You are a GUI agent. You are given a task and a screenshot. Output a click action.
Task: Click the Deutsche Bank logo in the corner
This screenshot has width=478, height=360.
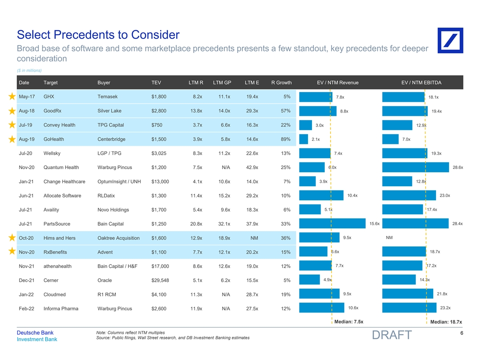click(450, 41)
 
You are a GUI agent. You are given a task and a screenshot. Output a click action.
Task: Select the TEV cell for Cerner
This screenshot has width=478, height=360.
click(160, 280)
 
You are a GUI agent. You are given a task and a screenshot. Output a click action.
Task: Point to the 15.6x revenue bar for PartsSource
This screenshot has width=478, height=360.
click(332, 223)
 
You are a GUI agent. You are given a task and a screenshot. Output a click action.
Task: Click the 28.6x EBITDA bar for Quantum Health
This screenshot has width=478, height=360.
click(415, 167)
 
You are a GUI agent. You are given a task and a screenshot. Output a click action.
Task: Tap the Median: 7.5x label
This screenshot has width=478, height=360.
click(348, 322)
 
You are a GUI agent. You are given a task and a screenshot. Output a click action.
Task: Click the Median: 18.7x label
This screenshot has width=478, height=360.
click(446, 322)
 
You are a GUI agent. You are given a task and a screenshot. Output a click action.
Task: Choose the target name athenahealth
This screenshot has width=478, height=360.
click(57, 266)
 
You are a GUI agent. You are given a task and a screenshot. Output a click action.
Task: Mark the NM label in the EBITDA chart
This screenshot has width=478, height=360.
click(389, 237)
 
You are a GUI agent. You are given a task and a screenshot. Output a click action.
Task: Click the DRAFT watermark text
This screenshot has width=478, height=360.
click(391, 335)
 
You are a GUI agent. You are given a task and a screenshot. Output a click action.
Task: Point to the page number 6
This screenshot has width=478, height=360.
click(461, 333)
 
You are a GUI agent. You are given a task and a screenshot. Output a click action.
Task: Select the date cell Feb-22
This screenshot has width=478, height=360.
click(25, 308)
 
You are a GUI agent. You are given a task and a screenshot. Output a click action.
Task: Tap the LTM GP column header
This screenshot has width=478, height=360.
click(222, 82)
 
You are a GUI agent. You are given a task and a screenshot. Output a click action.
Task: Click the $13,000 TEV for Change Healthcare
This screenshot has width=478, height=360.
click(161, 182)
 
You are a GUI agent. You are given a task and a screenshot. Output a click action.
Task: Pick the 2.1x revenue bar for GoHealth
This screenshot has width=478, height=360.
click(303, 139)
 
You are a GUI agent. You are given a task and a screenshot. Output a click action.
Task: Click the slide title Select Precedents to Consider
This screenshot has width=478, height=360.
click(98, 35)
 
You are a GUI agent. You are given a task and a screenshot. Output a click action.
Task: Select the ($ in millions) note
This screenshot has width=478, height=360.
click(29, 70)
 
